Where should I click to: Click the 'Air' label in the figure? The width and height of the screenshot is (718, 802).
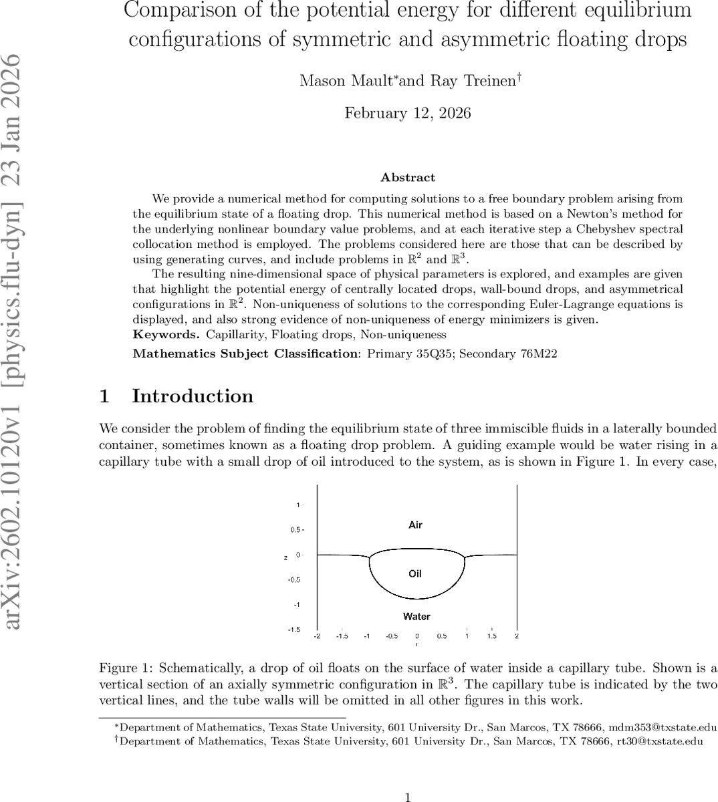click(x=415, y=525)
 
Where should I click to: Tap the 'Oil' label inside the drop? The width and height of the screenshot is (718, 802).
click(x=415, y=574)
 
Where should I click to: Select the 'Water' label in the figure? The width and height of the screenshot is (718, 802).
click(x=416, y=617)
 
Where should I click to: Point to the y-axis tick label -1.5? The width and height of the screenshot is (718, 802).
click(x=293, y=630)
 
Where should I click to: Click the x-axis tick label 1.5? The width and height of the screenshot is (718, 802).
click(x=492, y=636)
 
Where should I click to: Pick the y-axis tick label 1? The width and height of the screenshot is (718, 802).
click(x=298, y=505)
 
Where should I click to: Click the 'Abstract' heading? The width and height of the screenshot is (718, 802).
click(x=408, y=178)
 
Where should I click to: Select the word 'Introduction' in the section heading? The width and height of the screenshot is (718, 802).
click(x=193, y=396)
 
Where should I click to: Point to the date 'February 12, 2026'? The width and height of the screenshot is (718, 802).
click(x=408, y=113)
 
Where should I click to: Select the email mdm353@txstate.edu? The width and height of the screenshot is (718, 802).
click(x=648, y=727)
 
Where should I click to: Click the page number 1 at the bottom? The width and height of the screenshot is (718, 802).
click(x=408, y=797)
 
